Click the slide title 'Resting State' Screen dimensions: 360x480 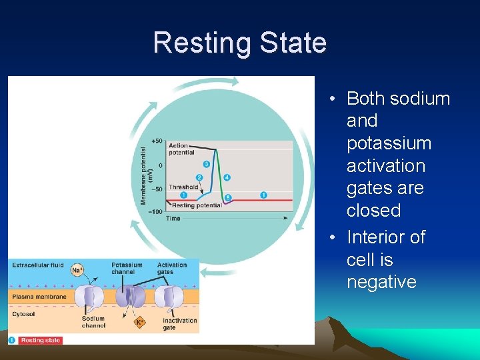(x=239, y=43)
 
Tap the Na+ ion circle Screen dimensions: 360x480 (x=77, y=269)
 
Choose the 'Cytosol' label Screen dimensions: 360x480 (x=23, y=313)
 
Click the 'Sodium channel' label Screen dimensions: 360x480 (x=93, y=322)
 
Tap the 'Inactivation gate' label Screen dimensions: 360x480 (x=179, y=323)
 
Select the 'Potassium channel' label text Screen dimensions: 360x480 (x=127, y=268)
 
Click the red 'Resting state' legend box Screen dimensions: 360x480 (x=40, y=340)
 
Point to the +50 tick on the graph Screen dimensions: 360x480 (x=157, y=141)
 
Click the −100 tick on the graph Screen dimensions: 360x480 (x=155, y=211)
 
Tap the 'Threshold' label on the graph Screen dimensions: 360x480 (x=183, y=187)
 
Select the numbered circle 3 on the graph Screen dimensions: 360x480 (x=206, y=164)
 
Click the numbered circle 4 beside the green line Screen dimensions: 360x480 (x=227, y=177)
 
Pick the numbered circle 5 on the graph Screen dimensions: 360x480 (x=228, y=197)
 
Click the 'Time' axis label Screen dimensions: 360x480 (x=173, y=218)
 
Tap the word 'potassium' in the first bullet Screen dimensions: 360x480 (x=389, y=143)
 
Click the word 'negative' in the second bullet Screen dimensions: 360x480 (x=381, y=282)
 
